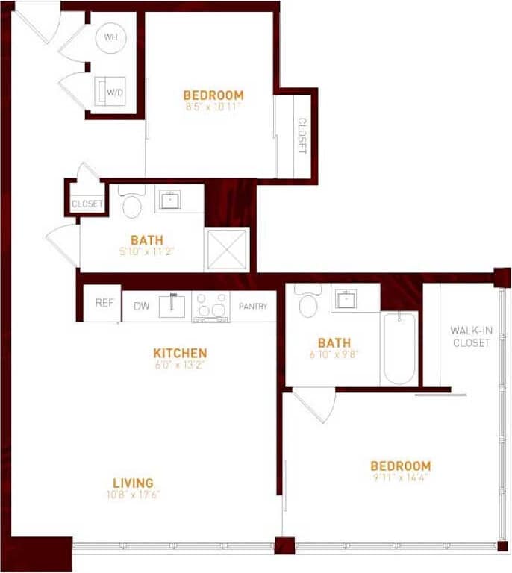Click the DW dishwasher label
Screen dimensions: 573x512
point(141,306)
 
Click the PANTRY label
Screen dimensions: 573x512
point(253,306)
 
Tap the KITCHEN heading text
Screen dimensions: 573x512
point(180,353)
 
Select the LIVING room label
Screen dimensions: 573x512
point(133,483)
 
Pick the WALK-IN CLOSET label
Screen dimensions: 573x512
point(470,336)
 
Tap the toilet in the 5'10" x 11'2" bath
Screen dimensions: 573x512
point(132,203)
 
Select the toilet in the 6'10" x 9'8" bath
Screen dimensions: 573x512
point(307,301)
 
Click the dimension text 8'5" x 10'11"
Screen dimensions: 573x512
point(213,107)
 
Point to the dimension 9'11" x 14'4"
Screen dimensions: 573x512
point(400,478)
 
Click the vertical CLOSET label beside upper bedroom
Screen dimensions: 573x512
point(302,136)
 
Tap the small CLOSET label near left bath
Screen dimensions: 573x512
point(87,204)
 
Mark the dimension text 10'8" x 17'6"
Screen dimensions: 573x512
point(133,495)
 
